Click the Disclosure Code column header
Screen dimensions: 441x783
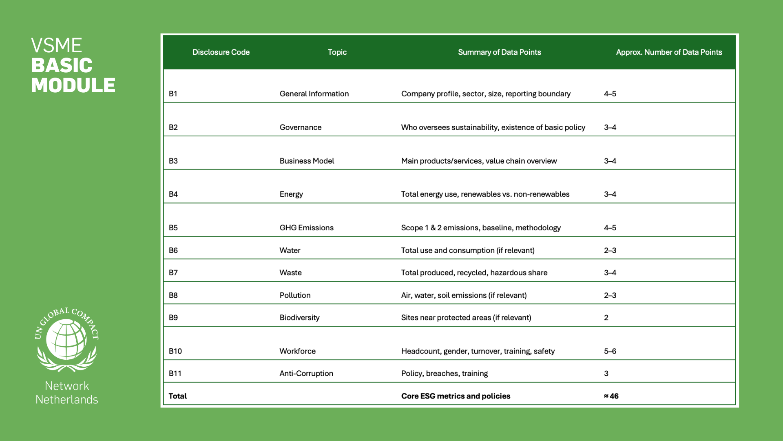click(x=221, y=52)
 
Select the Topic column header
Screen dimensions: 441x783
click(x=337, y=52)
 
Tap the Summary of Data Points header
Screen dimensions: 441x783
click(x=499, y=52)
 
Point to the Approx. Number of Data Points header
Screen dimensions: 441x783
click(x=669, y=52)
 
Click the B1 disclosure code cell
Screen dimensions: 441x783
click(x=173, y=94)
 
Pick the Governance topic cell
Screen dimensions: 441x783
click(x=300, y=127)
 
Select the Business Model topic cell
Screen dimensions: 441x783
click(x=307, y=161)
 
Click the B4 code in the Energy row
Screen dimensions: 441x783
click(x=173, y=194)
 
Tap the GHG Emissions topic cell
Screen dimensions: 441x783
click(x=306, y=228)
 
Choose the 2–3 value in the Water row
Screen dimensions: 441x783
click(x=610, y=250)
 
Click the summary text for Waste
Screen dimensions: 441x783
click(x=474, y=273)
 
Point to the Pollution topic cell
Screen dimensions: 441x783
click(x=295, y=295)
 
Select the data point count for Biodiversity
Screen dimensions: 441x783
click(x=606, y=318)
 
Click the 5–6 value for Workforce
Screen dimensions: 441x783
click(x=610, y=351)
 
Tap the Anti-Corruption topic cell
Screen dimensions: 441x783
click(x=306, y=374)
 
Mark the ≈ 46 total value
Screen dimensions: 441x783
click(x=611, y=396)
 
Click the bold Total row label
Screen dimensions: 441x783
click(x=177, y=396)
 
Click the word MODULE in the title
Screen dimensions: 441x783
click(x=73, y=85)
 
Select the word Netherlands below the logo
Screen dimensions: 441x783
click(x=67, y=399)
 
